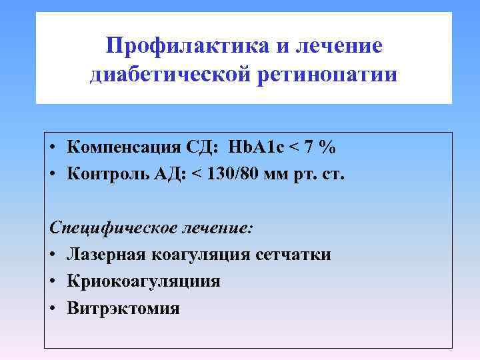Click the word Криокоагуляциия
(x=143, y=281)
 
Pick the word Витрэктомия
(x=123, y=308)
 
